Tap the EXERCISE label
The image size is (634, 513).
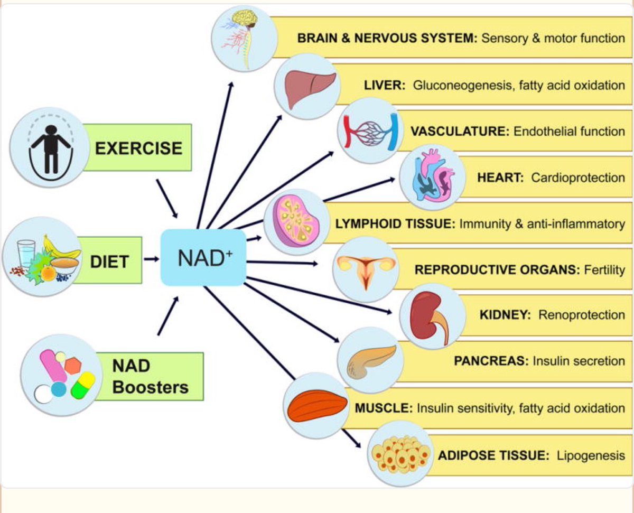coord(138,147)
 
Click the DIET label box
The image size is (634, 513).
coord(110,260)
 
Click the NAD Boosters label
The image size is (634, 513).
coord(150,376)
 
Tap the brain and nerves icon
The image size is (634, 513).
coord(243,37)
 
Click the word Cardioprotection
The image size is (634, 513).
coord(577,178)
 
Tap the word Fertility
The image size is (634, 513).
coord(604,269)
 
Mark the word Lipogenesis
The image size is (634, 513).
coord(591,455)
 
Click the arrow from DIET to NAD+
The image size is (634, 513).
coord(152,259)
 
